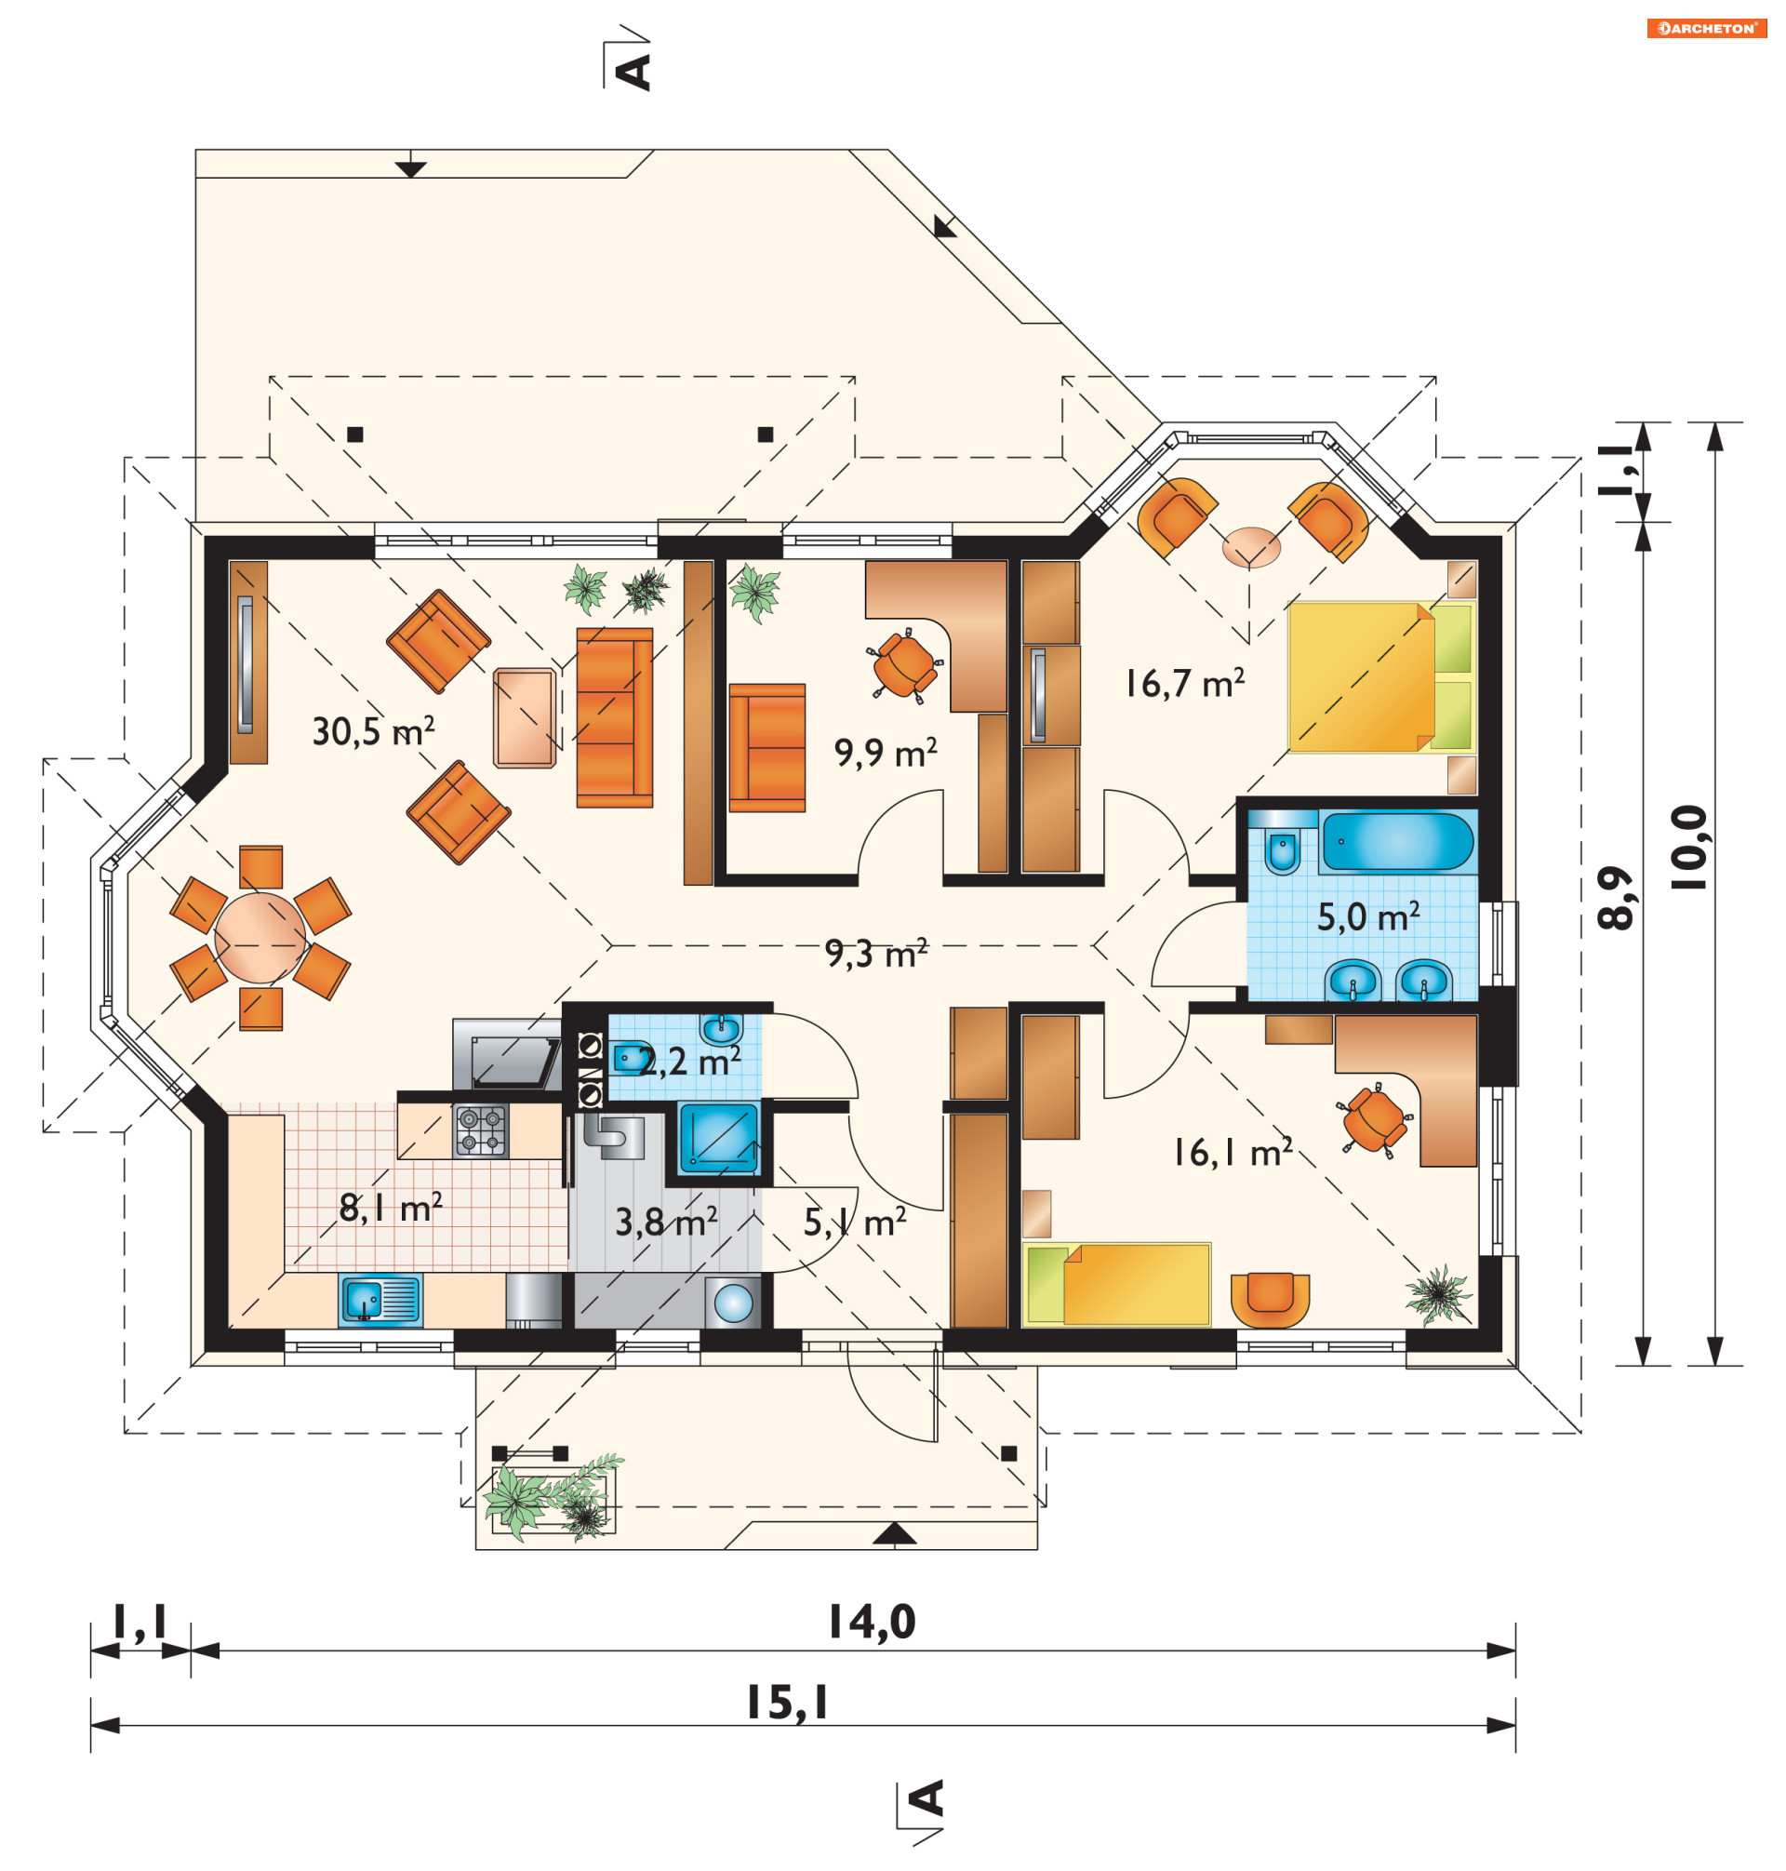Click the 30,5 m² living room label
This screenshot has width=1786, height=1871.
click(373, 731)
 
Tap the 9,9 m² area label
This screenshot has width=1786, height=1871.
click(886, 752)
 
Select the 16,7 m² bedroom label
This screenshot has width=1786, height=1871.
click(1184, 683)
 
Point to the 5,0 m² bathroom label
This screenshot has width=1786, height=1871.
click(1368, 917)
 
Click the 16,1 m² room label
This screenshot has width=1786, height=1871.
click(1232, 1152)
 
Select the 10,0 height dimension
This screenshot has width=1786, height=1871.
click(1690, 848)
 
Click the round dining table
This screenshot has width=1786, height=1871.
click(260, 937)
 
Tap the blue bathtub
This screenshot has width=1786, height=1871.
click(1397, 842)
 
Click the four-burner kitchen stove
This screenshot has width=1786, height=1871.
click(481, 1130)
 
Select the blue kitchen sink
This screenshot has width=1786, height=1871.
click(380, 1301)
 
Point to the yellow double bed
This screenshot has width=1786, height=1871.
click(1380, 677)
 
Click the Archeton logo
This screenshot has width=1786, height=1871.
click(1706, 29)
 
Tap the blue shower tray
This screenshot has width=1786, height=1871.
click(718, 1138)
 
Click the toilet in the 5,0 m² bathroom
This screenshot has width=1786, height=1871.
click(1283, 844)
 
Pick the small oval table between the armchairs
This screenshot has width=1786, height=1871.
click(1251, 547)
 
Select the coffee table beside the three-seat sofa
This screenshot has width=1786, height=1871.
click(525, 718)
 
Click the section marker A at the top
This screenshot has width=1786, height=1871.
click(633, 72)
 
